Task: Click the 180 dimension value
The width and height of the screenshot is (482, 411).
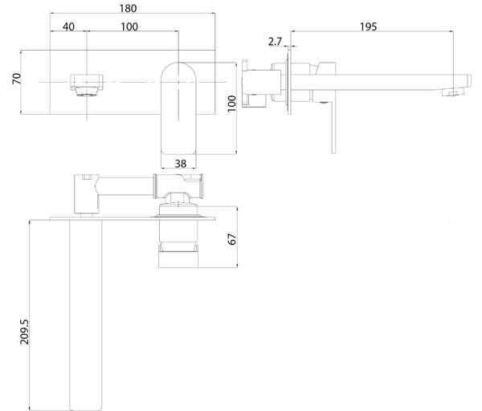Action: [x=128, y=8]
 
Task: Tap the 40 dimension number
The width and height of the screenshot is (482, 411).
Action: [x=68, y=26]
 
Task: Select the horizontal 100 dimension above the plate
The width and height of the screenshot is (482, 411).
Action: [x=129, y=26]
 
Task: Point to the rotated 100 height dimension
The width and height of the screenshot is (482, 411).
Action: [x=232, y=104]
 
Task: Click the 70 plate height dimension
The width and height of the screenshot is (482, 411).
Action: [x=17, y=79]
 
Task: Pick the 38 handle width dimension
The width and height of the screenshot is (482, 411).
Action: [x=181, y=164]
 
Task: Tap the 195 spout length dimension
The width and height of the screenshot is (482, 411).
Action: [x=368, y=26]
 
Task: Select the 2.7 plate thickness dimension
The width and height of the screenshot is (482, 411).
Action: [x=275, y=41]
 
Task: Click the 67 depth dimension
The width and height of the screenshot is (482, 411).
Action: [x=232, y=239]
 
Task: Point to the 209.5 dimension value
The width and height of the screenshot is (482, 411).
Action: [x=24, y=332]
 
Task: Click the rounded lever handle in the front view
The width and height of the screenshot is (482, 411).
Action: [x=178, y=108]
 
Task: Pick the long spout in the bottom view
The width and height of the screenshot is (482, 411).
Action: [x=86, y=315]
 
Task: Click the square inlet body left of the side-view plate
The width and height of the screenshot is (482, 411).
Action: [x=261, y=82]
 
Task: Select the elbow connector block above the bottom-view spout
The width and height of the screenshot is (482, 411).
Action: [x=87, y=194]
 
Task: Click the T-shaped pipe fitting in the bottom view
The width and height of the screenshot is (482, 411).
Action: [x=178, y=186]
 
